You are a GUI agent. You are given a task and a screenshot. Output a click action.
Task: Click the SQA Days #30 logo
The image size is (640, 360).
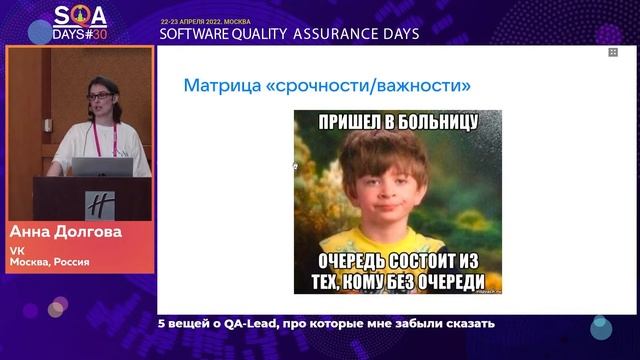(80, 21)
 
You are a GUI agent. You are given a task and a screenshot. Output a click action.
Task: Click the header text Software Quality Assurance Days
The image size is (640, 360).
(289, 33)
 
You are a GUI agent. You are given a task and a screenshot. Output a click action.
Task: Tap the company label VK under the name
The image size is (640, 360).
(17, 250)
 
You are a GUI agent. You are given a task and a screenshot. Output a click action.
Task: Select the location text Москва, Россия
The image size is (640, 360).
(49, 262)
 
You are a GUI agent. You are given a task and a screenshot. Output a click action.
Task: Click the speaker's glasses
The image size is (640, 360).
(99, 96)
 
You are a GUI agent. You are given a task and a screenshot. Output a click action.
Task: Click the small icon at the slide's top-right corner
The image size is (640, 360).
(613, 52)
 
